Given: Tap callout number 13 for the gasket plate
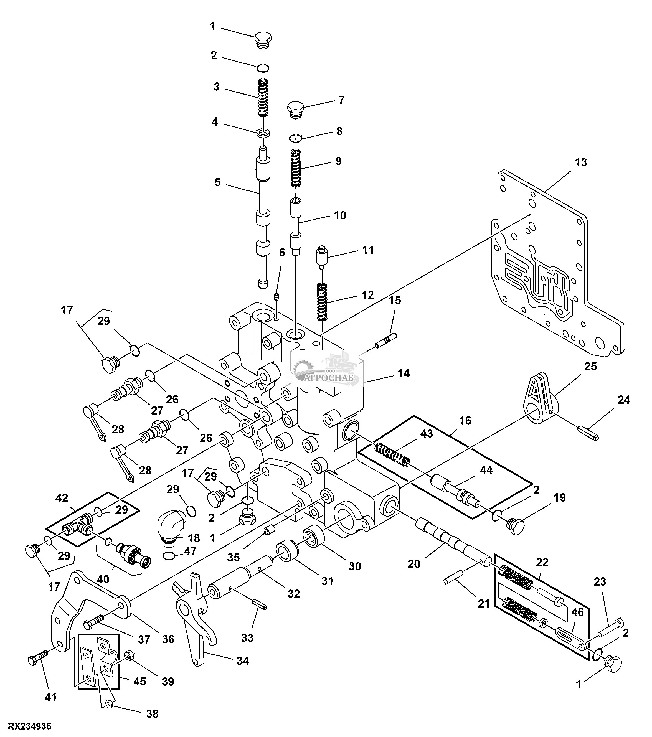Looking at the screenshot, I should point(581,162).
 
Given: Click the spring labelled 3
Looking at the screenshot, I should point(263,98).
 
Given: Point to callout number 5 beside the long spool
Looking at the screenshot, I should point(217,182).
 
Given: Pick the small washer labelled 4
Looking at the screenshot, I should point(263,133).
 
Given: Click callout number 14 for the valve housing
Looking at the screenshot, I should point(404,373).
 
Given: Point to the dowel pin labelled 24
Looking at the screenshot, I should point(588,433).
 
